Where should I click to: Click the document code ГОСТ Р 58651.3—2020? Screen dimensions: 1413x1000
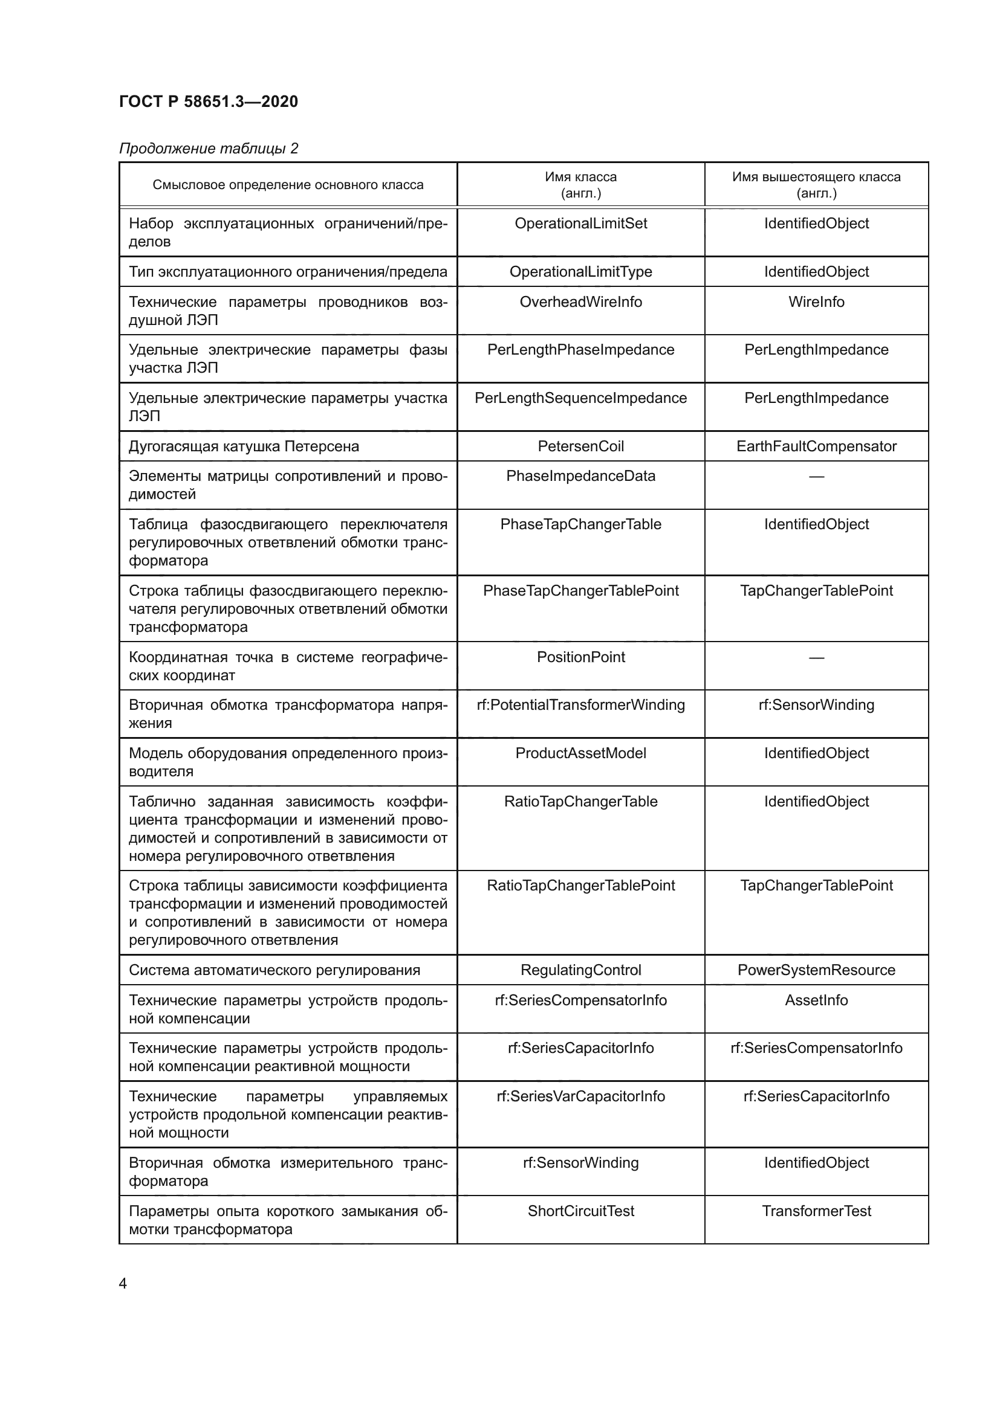pyautogui.click(x=208, y=101)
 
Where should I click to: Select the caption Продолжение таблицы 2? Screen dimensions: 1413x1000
pyautogui.click(x=208, y=149)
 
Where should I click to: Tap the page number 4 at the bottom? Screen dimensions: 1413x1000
pyautogui.click(x=123, y=1283)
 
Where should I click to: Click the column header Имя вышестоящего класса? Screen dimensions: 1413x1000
pyautogui.click(x=816, y=185)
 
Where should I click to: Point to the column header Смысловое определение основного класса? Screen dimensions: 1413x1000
pyautogui.click(x=288, y=185)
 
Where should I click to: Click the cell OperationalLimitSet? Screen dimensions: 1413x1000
pyautogui.click(x=580, y=224)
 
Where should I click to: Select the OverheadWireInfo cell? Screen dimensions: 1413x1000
pyautogui.click(x=580, y=301)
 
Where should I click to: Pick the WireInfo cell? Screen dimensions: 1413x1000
pyautogui.click(x=816, y=301)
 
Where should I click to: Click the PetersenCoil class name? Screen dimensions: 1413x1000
pyautogui.click(x=580, y=446)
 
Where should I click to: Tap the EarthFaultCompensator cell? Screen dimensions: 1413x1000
pyautogui.click(x=816, y=446)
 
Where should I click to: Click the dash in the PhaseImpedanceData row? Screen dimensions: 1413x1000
pyautogui.click(x=816, y=476)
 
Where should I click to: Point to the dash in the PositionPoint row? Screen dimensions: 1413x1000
pyautogui.click(x=816, y=657)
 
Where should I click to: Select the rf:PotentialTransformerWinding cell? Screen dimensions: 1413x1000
pyautogui.click(x=580, y=704)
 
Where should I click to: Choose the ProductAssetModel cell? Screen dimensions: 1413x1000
pyautogui.click(x=580, y=753)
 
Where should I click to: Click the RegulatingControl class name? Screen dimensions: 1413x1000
pyautogui.click(x=580, y=970)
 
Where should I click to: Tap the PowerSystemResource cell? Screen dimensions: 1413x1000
pyautogui.click(x=816, y=970)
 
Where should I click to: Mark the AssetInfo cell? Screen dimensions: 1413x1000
pyautogui.click(x=816, y=1000)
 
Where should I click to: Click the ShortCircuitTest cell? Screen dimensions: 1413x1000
pyautogui.click(x=580, y=1211)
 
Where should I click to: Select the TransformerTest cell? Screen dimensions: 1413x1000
pyautogui.click(x=816, y=1211)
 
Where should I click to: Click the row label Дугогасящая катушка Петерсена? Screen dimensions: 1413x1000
pyautogui.click(x=244, y=446)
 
